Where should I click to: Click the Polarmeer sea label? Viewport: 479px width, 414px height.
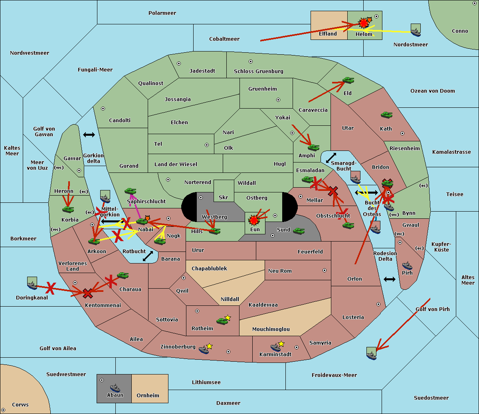coord(162,13)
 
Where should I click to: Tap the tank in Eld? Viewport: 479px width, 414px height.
coord(348,80)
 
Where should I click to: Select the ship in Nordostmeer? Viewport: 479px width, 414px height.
coord(416,30)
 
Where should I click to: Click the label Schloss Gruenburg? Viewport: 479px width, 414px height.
coord(258,71)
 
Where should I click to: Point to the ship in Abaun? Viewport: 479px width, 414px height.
coord(115,388)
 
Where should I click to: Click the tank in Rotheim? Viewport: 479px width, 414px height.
coord(222,321)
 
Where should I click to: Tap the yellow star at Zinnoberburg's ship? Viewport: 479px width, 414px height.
coord(209,346)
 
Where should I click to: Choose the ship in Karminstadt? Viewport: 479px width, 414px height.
coord(275,347)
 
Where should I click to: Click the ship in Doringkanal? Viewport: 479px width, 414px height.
coord(32,283)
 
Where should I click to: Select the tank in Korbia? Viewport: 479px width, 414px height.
coord(68,209)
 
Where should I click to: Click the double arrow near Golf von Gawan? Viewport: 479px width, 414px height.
coord(89,135)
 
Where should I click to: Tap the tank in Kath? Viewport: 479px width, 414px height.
coord(386,115)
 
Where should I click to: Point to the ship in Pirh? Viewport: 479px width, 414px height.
coord(407,265)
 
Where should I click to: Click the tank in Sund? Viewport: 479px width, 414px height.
coord(299,231)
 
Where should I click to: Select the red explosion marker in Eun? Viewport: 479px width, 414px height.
coord(253,220)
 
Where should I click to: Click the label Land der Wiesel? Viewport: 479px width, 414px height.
coord(176,164)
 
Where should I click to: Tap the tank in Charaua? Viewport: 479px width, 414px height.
coord(123,275)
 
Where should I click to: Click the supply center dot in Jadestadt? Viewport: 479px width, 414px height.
coord(179,63)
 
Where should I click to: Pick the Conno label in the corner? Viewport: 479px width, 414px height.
coord(460,31)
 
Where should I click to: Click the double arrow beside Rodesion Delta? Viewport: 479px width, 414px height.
coord(389,279)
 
